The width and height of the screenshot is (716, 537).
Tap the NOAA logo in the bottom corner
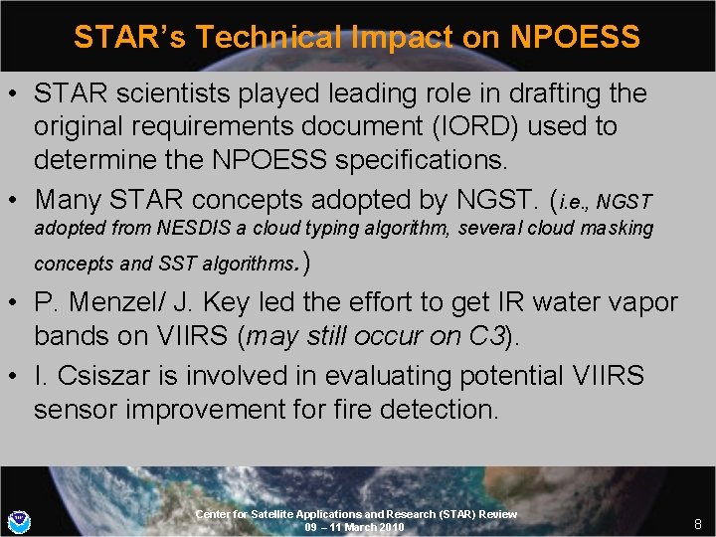click(x=18, y=520)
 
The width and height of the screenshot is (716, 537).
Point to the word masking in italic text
click(x=620, y=228)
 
